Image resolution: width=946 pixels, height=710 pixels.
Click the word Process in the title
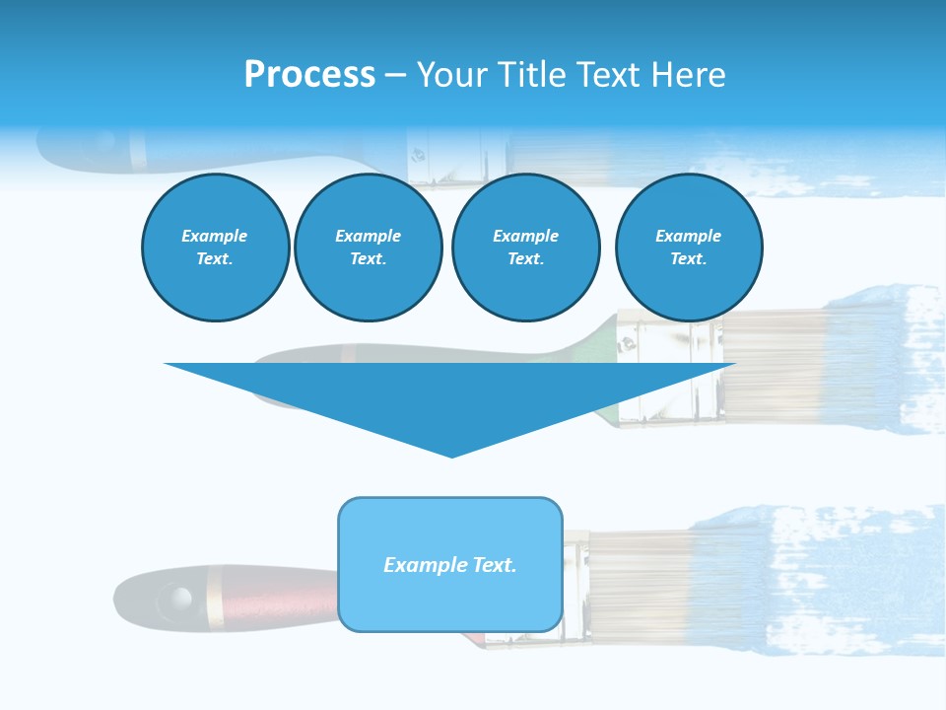(309, 75)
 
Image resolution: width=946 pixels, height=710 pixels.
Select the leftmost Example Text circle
(215, 248)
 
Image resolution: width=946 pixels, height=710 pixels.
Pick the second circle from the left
(368, 248)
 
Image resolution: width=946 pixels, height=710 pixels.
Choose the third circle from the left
(525, 248)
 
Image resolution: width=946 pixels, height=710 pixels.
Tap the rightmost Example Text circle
(688, 248)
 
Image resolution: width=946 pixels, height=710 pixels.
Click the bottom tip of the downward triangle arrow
(451, 454)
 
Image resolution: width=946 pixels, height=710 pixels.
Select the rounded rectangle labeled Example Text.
(450, 564)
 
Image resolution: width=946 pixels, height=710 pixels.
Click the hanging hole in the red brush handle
(178, 597)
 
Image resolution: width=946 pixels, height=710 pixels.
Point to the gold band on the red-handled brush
(215, 597)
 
